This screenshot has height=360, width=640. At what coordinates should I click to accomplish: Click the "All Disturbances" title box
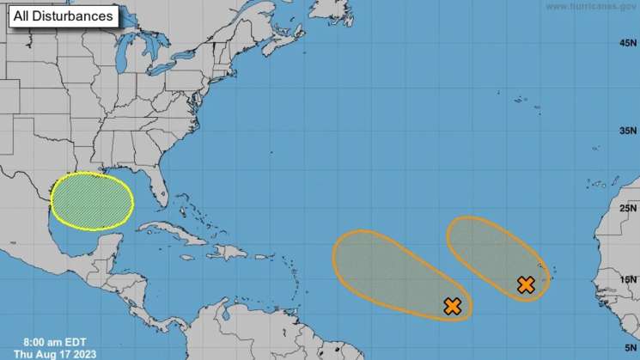coord(64,15)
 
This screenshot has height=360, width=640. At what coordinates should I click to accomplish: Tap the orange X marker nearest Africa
coord(527,284)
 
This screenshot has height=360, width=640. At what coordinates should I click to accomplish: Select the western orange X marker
coord(452,305)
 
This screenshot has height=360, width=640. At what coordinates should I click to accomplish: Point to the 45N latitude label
coord(628,43)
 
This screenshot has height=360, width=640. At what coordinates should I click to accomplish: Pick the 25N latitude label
coord(628,208)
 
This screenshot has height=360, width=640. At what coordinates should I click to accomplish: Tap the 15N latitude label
coord(628,279)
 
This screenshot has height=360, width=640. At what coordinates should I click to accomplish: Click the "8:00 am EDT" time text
coord(53,341)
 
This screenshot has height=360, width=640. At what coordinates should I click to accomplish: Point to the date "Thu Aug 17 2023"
coord(55,353)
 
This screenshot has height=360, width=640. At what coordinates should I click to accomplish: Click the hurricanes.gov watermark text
coord(592,6)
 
